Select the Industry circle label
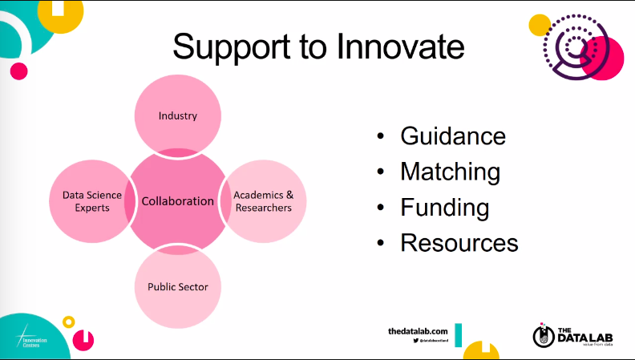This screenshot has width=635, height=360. coord(177,115)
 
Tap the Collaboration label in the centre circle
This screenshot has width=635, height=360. coord(177,200)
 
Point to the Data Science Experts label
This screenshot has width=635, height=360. coord(91,200)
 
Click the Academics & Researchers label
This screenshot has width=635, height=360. coord(263,200)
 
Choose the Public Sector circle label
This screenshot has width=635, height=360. coord(177,286)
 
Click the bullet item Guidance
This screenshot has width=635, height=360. coord(453,136)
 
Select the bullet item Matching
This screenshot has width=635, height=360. coord(450,172)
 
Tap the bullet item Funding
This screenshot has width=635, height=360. coord(445,207)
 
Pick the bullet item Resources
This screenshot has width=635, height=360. coord(459,242)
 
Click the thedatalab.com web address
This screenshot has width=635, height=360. coord(417,331)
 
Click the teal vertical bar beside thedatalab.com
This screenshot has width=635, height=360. coord(458,335)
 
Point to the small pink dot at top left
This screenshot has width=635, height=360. coord(18,71)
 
